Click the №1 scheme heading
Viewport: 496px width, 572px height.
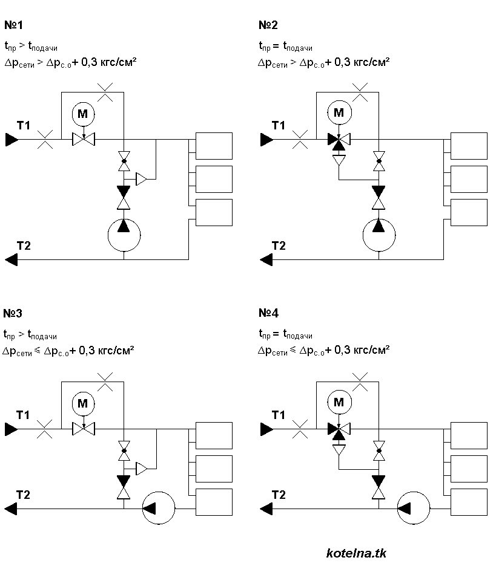[x=15, y=25]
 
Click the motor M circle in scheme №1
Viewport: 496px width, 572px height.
[x=84, y=113]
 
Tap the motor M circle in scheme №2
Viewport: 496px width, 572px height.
[x=339, y=113]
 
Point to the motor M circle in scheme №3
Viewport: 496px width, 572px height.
[x=84, y=403]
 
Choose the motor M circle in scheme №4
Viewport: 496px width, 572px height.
[x=339, y=403]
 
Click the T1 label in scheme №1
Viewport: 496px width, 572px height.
[x=24, y=126]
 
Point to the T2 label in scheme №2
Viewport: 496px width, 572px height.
[x=279, y=245]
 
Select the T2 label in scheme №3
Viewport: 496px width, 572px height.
[x=24, y=495]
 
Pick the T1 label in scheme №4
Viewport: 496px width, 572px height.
[x=279, y=415]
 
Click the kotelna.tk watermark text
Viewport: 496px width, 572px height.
[x=356, y=553]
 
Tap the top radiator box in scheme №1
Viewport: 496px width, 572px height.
[x=214, y=146]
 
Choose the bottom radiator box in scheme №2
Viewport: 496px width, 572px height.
[x=469, y=212]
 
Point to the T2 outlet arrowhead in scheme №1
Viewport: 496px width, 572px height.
[x=11, y=259]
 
